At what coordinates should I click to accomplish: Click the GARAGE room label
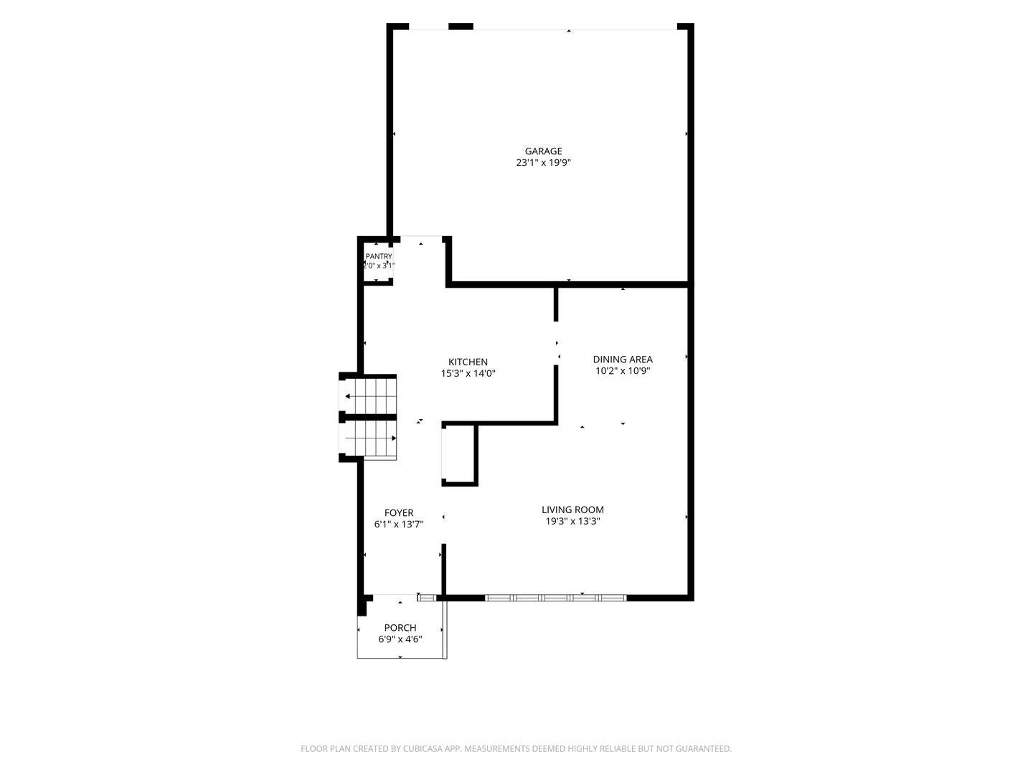click(543, 151)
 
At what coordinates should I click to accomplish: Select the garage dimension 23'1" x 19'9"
click(543, 163)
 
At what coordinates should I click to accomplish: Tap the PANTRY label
click(378, 256)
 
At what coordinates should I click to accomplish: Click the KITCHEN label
click(468, 362)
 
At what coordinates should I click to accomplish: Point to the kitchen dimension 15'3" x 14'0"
click(468, 374)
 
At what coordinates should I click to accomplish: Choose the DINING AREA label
click(623, 359)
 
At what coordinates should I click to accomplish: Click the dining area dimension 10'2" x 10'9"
click(623, 371)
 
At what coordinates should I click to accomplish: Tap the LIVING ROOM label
click(572, 509)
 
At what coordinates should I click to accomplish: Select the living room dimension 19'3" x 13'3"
click(572, 522)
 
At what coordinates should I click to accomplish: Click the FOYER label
click(399, 513)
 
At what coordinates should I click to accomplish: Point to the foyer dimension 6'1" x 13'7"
click(399, 524)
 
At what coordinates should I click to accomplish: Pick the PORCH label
click(400, 628)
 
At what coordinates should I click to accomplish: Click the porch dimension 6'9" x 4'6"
click(400, 639)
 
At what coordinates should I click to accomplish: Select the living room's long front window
click(555, 598)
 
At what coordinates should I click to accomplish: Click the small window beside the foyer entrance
click(427, 598)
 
